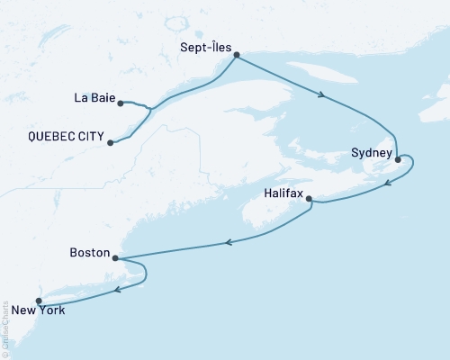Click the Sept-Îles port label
pos(203,43)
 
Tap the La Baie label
pos(94,100)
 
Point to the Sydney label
pos(369,154)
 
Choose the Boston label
pos(89,254)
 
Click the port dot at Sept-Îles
pos(236,55)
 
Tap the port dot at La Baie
pos(121,102)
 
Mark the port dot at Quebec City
pos(110,141)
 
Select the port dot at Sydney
pos(398,159)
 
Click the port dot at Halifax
pos(309,198)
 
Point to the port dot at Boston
pos(115,257)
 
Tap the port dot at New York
pos(38,301)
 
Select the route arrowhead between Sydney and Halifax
pos(387,184)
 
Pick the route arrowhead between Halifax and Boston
pos(230,241)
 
